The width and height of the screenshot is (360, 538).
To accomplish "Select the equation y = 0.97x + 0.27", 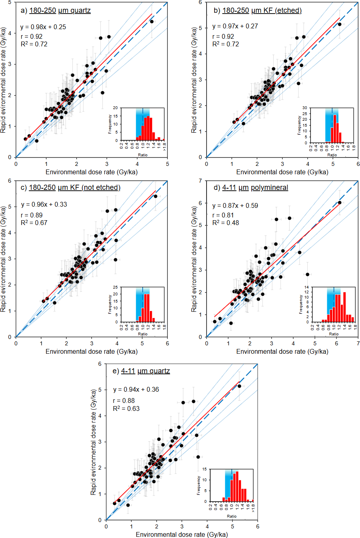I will (x=235, y=26).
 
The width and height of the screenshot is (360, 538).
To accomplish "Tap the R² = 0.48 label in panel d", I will (x=225, y=223).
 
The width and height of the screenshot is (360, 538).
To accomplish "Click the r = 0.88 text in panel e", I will (x=124, y=401).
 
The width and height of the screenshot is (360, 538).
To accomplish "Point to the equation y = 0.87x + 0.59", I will (x=235, y=205).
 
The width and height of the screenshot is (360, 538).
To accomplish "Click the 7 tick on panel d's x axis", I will (x=358, y=343).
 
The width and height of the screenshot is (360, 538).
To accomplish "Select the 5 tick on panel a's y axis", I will (x=9, y=2).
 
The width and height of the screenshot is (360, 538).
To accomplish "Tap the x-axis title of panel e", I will (x=182, y=534).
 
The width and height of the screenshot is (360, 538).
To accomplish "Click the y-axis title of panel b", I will (x=194, y=80).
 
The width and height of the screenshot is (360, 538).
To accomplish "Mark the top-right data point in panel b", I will (x=340, y=24).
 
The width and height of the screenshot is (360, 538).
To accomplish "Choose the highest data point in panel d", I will (x=340, y=203).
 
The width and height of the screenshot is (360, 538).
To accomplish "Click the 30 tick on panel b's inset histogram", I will (x=304, y=108).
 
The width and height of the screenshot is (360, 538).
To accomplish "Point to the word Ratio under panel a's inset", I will (x=143, y=155).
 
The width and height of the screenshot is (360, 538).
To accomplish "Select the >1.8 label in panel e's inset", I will (x=253, y=508).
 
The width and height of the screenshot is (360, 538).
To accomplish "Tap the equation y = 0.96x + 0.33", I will (x=44, y=204).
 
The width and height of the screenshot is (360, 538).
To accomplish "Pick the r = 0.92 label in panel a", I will (x=32, y=36).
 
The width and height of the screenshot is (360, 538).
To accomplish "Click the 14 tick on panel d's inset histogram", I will (x=307, y=287).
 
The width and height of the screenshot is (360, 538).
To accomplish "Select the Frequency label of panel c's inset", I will (x=110, y=305).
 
